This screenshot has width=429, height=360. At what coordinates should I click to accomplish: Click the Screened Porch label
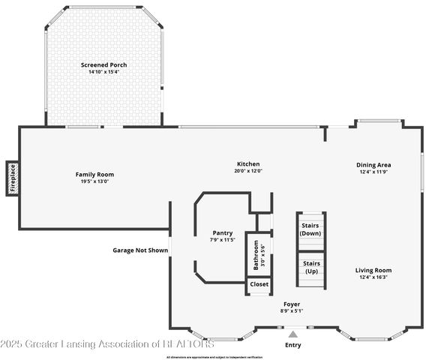click(103, 65)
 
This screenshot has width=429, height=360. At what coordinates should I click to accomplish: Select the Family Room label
click(94, 174)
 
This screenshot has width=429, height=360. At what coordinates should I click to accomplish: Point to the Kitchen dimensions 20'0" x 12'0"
click(248, 170)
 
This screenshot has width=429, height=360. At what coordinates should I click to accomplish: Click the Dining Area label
click(373, 165)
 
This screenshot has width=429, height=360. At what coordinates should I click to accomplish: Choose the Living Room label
click(373, 270)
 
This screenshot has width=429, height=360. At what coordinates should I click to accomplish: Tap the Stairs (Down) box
click(310, 229)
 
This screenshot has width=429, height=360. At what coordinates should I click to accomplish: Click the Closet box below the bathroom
click(259, 284)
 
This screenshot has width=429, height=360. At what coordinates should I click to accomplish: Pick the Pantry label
click(222, 232)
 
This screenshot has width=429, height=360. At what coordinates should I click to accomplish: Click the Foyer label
click(292, 304)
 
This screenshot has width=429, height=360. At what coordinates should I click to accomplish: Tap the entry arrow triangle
click(293, 333)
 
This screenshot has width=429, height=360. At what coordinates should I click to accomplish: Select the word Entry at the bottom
click(293, 345)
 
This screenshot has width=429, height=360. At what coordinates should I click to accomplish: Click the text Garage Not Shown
click(140, 250)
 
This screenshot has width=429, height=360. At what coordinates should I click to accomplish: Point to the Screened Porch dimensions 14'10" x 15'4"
click(103, 72)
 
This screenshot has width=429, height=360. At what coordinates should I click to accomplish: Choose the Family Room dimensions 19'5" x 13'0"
click(94, 181)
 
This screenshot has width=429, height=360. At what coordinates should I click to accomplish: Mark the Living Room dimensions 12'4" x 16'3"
click(373, 277)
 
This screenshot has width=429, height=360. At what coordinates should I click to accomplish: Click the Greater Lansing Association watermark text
click(107, 344)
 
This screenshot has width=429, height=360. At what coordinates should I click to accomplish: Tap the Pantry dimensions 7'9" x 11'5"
click(222, 239)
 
